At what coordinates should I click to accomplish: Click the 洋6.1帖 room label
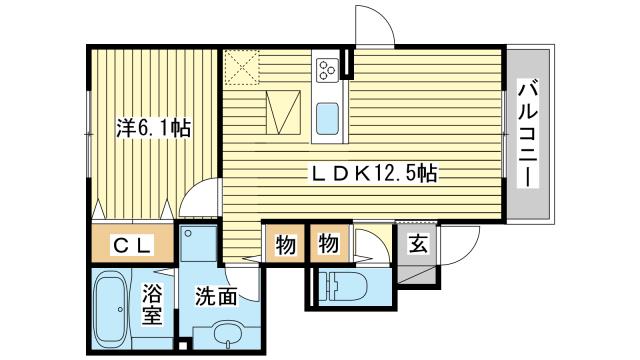coord(153,128)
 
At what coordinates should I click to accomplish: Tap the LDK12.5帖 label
coord(374,173)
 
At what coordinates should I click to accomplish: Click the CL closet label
coord(132,245)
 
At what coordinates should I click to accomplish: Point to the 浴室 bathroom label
coord(152,304)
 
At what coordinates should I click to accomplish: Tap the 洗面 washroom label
coord(216,296)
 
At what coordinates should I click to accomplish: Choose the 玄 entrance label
coord(418,244)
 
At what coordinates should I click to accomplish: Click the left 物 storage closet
coord(285,244)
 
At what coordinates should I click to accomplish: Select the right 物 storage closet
coord(329,244)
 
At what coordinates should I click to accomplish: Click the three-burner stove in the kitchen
coord(327,70)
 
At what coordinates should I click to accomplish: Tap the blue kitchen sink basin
coord(327,119)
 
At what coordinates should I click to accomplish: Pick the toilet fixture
coord(344,286)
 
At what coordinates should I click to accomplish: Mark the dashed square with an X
coord(242,67)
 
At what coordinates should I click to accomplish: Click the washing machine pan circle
coord(188,233)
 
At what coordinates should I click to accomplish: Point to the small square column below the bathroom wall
coord(183,345)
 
